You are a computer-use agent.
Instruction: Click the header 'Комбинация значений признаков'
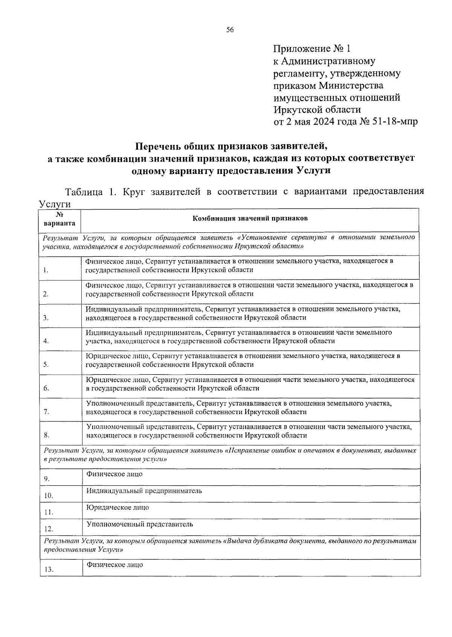pos(250,218)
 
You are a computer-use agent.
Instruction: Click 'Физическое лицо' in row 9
pos(115,474)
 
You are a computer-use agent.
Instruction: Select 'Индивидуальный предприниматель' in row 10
pos(144,491)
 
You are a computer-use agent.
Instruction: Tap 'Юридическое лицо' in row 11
pos(118,507)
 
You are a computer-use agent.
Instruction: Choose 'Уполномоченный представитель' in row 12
pos(140,524)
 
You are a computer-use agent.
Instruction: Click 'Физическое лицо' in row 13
pos(115,565)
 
